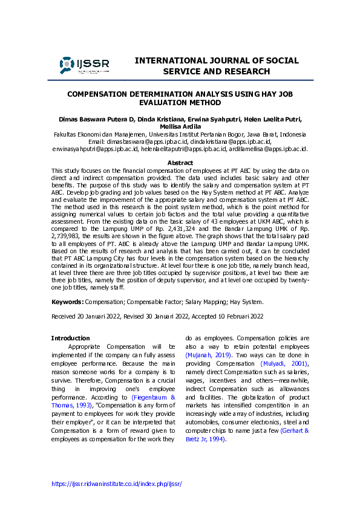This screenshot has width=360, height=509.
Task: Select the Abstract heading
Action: coord(180,163)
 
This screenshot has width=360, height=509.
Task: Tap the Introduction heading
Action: coord(70,338)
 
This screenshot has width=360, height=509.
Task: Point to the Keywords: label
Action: coord(67,300)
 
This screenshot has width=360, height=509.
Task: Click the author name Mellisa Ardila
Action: coord(180,126)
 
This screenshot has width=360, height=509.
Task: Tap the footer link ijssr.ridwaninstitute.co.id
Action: coord(117,484)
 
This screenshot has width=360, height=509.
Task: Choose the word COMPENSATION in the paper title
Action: coord(98,95)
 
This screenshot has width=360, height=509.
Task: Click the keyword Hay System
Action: coord(245,300)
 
